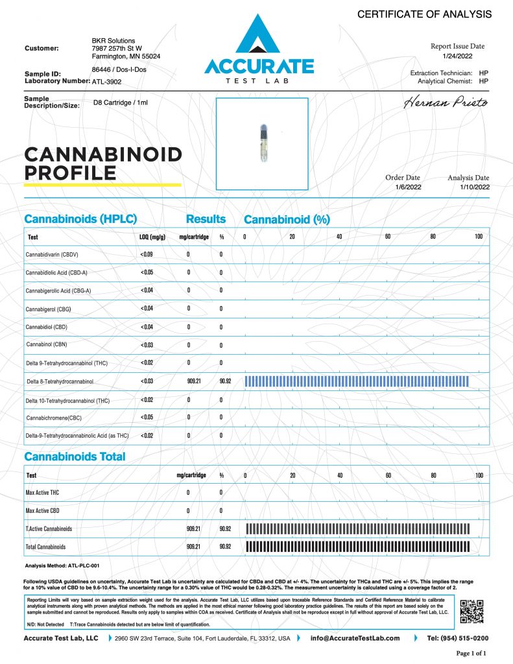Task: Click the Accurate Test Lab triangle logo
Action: pos(259,38)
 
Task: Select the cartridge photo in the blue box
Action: pos(263,144)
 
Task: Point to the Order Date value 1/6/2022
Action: pos(403,187)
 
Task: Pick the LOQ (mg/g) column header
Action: pos(152,237)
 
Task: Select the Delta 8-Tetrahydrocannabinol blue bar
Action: pos(356,381)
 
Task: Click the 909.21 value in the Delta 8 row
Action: pos(193,381)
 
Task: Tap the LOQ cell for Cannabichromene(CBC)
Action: pos(147,418)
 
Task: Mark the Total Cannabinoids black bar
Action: pos(357,547)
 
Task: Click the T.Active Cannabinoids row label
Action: pos(49,529)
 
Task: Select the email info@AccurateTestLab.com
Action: pos(355,638)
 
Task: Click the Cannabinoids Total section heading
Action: pos(75,456)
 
